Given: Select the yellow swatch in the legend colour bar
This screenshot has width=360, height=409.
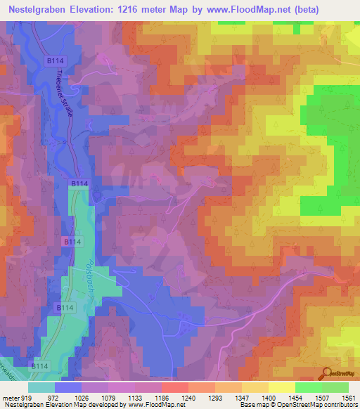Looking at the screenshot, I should click(281, 388).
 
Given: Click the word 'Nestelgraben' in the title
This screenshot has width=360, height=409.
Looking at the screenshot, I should click(35, 10).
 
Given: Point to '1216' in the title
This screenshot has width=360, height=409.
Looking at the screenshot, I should click(131, 10).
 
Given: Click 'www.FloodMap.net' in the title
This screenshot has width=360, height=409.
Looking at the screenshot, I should click(240, 10).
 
